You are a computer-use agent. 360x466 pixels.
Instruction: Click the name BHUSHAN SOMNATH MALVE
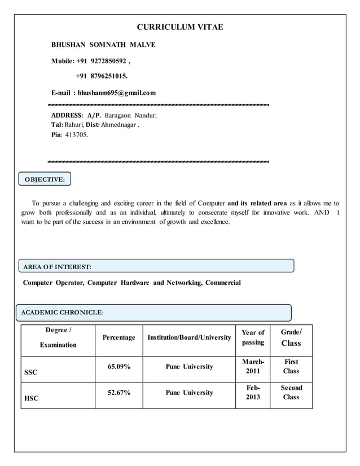tap(104, 44)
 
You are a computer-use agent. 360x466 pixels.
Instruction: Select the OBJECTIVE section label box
tap(45, 179)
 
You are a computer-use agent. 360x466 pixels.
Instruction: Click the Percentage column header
tap(118, 337)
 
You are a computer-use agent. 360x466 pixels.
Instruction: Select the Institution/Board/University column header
tap(189, 337)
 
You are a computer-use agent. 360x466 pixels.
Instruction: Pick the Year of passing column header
tap(252, 337)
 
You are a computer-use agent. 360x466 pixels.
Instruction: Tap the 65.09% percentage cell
tap(118, 367)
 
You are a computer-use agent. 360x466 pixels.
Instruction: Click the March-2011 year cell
tap(252, 366)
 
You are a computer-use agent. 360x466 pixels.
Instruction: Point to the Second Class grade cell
tap(291, 392)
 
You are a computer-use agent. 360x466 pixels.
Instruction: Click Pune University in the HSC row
tap(189, 393)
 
